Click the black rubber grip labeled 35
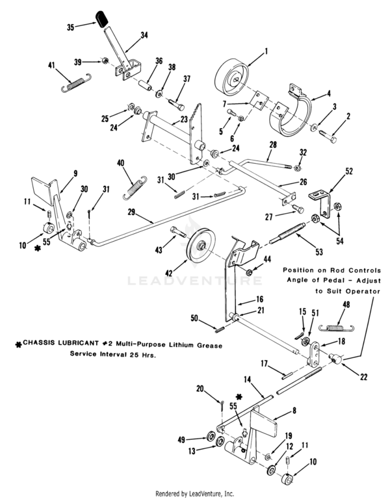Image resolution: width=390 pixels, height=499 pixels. (x=102, y=19)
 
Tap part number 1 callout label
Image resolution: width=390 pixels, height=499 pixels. (x=266, y=51)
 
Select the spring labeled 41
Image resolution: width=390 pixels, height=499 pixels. (x=76, y=83)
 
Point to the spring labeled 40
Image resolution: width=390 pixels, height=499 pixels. (x=135, y=188)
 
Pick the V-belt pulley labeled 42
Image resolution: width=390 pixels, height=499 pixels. (x=201, y=246)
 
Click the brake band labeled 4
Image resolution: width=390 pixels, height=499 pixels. (x=291, y=112)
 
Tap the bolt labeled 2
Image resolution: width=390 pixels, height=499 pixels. (x=328, y=136)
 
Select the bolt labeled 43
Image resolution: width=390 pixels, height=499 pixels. (x=178, y=231)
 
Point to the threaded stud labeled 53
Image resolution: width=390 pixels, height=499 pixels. (x=287, y=234)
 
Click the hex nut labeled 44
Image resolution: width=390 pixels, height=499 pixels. (x=250, y=272)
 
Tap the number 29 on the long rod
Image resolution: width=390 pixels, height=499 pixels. (x=131, y=212)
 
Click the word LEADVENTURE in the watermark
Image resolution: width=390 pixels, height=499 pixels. (x=195, y=281)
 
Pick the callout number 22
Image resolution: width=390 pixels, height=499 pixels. (x=363, y=377)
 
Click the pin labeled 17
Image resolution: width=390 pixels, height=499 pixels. (x=287, y=376)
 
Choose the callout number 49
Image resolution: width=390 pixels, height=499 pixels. (x=181, y=440)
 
